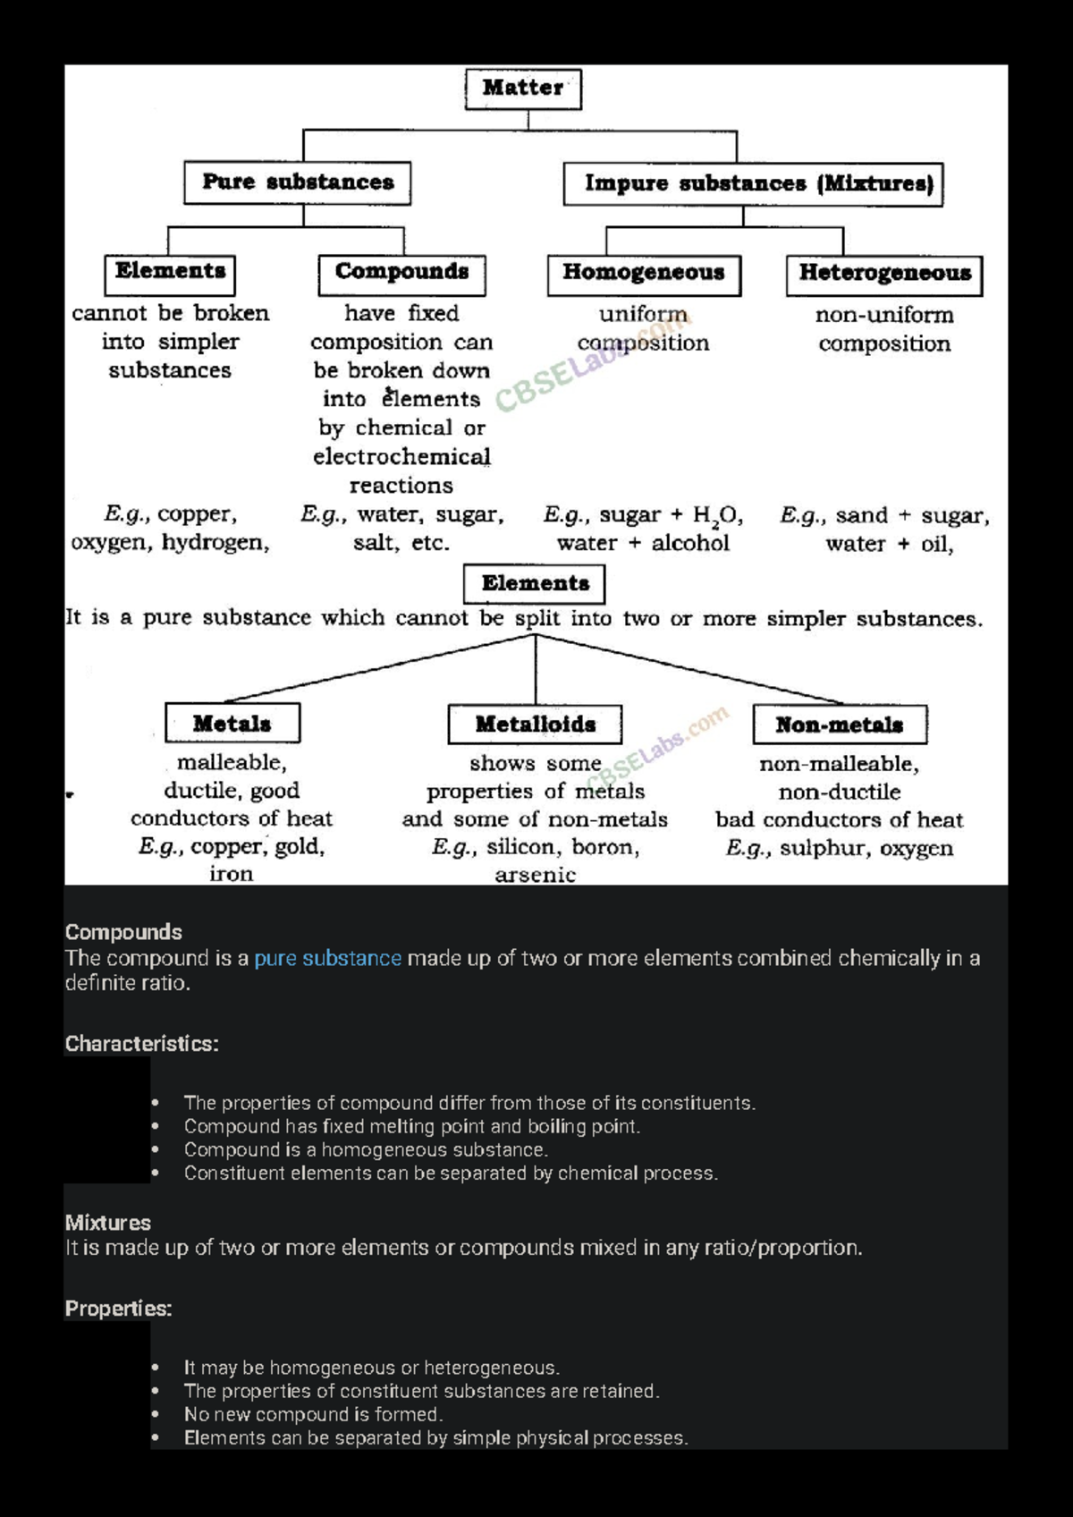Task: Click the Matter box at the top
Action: coord(523,89)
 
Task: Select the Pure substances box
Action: coord(298,182)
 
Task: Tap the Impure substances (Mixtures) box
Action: coord(753,183)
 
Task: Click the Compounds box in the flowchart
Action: coord(401,273)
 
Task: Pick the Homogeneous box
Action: coord(644,274)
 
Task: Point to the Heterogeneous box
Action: coord(884,274)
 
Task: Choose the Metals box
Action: coord(232,724)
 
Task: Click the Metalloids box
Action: coord(535,725)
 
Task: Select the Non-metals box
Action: coord(840,725)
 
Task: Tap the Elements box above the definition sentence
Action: coord(535,584)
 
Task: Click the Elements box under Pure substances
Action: coord(170,272)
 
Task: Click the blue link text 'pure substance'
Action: coord(327,959)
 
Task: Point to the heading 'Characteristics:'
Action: coord(141,1044)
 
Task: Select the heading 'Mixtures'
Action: coord(107,1223)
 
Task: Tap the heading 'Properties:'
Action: coord(118,1309)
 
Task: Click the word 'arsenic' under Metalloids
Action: coord(535,876)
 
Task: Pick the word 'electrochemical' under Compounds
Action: coord(401,457)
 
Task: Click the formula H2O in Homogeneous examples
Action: coord(716,516)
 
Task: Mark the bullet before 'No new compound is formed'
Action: coord(156,1415)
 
